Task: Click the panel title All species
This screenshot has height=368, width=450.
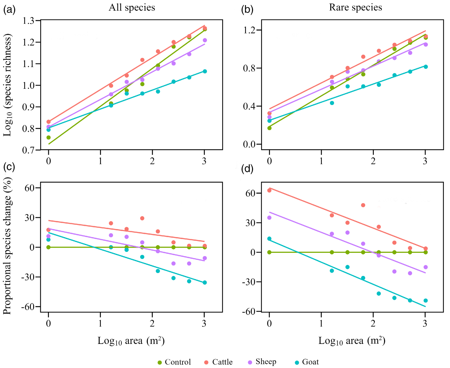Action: (132, 7)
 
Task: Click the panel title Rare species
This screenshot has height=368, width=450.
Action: (355, 7)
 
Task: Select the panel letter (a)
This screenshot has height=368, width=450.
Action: (9, 10)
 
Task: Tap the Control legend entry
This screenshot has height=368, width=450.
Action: (175, 362)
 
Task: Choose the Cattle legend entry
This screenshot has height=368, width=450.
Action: (219, 362)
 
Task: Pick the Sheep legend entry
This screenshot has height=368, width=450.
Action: (262, 362)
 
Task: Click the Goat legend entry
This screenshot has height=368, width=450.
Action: (307, 362)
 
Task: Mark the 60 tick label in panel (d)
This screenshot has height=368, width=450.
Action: (251, 193)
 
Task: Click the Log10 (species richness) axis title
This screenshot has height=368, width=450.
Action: (7, 85)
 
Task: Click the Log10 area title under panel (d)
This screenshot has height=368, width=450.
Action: (352, 341)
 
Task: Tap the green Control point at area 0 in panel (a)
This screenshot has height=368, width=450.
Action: (49, 138)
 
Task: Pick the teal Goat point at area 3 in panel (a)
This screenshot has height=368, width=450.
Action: (205, 71)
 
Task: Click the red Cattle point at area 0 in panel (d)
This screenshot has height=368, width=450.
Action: (269, 190)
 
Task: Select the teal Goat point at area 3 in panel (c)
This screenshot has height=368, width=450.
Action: (205, 282)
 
